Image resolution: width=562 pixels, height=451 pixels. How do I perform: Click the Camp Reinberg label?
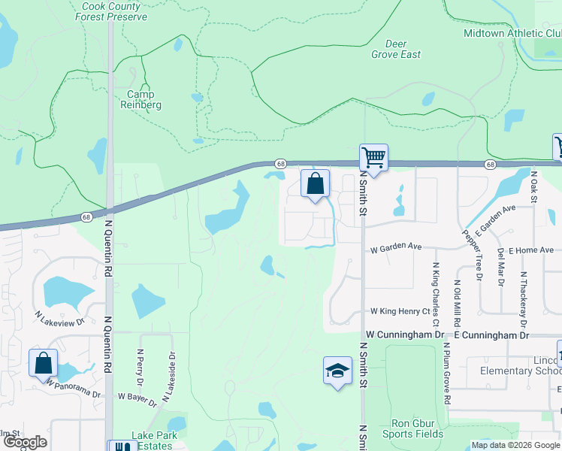pyautogui.click(x=140, y=99)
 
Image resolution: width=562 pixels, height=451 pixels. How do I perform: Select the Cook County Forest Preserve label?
pyautogui.click(x=111, y=10)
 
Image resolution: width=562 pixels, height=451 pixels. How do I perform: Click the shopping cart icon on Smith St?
pyautogui.click(x=373, y=158)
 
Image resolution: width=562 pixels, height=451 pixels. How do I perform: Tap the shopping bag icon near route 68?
pyautogui.click(x=316, y=183)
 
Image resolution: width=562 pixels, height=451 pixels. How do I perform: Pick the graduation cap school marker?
pyautogui.click(x=337, y=371)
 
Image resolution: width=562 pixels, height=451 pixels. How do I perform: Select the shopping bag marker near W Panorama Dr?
pyautogui.click(x=44, y=363)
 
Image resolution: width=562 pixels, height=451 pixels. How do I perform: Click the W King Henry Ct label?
pyautogui.click(x=399, y=311)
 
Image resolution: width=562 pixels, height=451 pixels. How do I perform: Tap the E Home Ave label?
pyautogui.click(x=531, y=250)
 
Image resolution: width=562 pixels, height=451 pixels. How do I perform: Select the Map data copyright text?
pyautogui.click(x=516, y=445)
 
